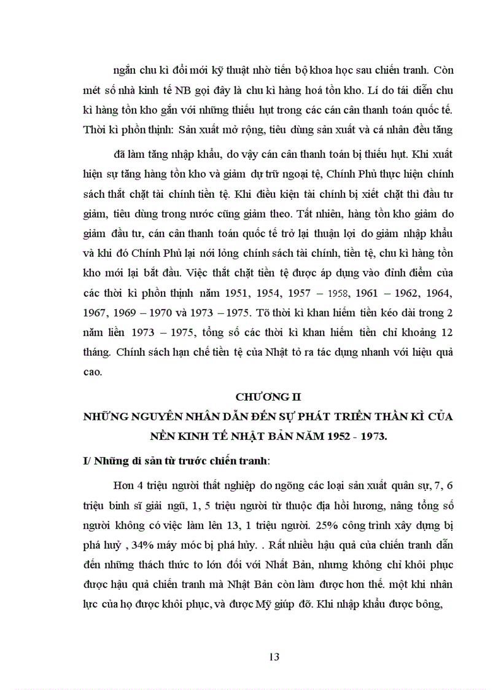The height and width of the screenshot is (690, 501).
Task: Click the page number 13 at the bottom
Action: click(274, 656)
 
